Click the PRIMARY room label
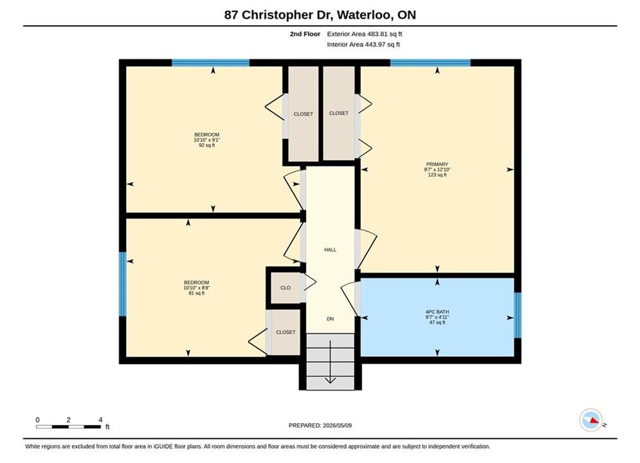point(437,164)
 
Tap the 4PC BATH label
point(437,312)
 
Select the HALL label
point(330,250)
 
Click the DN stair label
point(330,319)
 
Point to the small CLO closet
point(286,287)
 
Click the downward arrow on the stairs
point(330,362)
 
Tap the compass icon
point(590,420)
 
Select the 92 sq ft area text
point(207,145)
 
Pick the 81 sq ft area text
point(196,293)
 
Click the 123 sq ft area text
point(437,175)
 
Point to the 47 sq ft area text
point(437,322)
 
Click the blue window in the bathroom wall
point(518,315)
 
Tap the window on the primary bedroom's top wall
point(430,63)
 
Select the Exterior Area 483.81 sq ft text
point(365,34)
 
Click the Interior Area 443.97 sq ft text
point(363,44)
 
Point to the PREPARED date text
point(320,426)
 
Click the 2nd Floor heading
point(305,34)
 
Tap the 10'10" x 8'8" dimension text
point(196,287)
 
